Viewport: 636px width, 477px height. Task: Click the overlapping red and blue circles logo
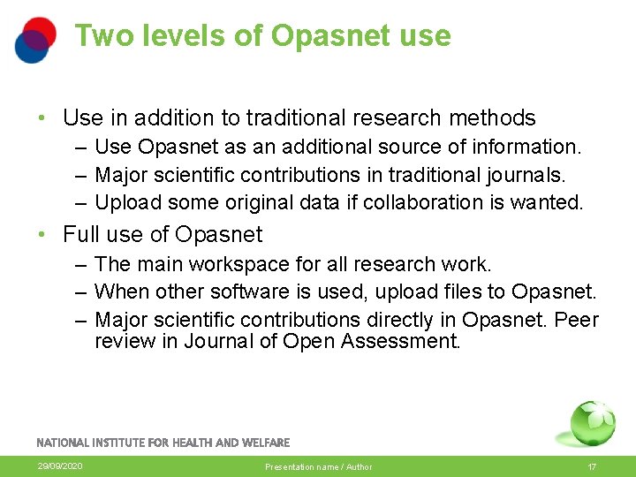(35, 40)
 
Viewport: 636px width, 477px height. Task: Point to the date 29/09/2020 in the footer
(60, 466)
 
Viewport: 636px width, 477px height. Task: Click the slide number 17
(592, 466)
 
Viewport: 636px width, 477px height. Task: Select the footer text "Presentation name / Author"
(318, 466)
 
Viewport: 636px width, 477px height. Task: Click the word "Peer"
(577, 319)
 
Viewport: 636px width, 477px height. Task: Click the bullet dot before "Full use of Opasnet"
(42, 235)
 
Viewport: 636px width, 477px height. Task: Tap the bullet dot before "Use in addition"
(42, 118)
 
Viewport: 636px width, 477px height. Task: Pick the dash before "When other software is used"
(80, 291)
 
